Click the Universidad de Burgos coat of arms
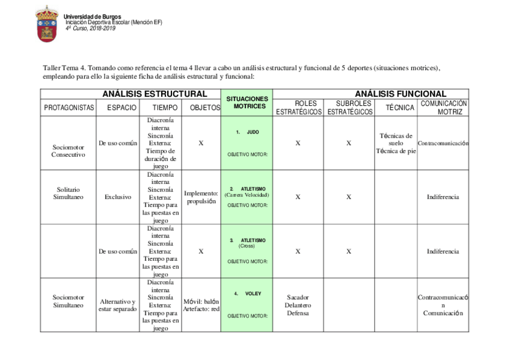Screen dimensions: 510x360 click(x=46, y=23)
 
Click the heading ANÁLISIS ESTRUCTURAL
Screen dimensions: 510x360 click(x=155, y=94)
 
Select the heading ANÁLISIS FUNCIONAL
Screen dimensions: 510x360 click(x=400, y=94)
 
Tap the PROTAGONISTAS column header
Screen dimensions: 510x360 click(x=69, y=108)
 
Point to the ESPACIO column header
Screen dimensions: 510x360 click(x=118, y=108)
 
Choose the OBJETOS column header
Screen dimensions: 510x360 click(x=201, y=108)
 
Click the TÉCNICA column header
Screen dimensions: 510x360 click(x=400, y=108)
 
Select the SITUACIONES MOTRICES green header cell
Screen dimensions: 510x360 click(x=246, y=102)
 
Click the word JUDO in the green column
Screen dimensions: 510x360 click(x=253, y=132)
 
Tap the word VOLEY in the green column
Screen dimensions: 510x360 click(x=253, y=294)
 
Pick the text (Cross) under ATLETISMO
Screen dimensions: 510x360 click(x=247, y=246)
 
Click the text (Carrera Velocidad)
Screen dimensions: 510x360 click(x=247, y=195)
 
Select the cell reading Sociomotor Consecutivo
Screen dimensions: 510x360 click(x=69, y=150)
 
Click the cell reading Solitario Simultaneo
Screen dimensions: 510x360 click(x=69, y=193)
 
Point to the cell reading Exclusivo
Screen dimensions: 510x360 click(x=118, y=197)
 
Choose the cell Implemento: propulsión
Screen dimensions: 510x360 click(x=201, y=197)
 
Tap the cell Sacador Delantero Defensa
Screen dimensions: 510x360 click(x=298, y=305)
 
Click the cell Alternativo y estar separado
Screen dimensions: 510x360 click(x=118, y=305)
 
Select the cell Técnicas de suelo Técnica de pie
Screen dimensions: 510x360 click(x=396, y=143)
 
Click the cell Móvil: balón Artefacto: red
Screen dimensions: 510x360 click(x=201, y=305)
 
